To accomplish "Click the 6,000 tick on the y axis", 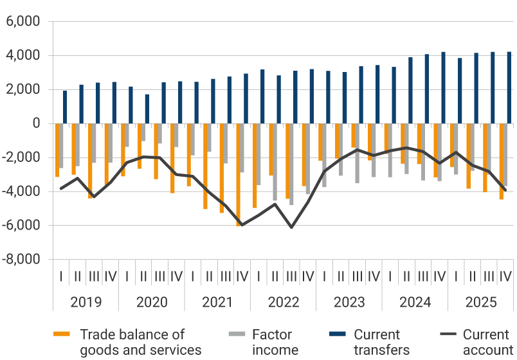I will [x=23, y=22].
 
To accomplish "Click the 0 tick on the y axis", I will [x=35, y=123].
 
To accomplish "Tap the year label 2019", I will [x=86, y=302].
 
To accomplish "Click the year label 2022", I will [x=284, y=302].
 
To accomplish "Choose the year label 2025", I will [x=481, y=302].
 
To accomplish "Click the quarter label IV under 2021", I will [x=242, y=276].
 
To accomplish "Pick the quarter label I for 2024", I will [x=390, y=276].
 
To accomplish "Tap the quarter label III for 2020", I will [x=160, y=276].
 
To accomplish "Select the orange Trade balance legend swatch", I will [x=61, y=334].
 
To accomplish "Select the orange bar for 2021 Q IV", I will [x=238, y=174].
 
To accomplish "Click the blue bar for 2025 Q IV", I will [x=509, y=87].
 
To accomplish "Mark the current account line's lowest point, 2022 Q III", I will [x=291, y=227].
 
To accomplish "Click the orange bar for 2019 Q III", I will [x=90, y=161].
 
